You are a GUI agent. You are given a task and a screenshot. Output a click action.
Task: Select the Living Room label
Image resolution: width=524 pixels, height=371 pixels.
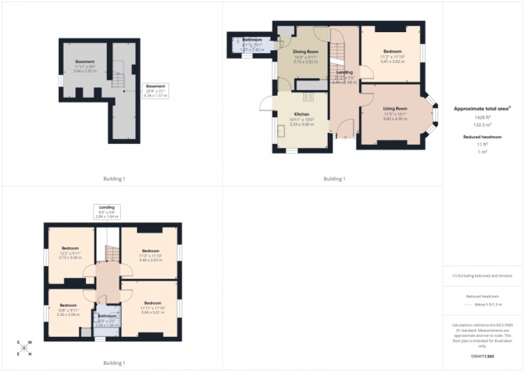click(395, 109)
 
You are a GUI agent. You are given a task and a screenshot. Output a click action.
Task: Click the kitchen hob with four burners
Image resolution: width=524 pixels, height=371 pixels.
click(309, 97)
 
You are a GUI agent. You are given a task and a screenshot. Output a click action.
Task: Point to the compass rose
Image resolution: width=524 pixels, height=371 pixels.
click(24, 348)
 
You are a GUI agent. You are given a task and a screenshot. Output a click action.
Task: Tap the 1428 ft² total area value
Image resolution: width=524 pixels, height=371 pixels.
click(482, 117)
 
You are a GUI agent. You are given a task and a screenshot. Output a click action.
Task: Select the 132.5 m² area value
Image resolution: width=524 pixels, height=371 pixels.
click(482, 124)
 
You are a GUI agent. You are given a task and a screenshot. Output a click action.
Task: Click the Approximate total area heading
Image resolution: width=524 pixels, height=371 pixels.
click(482, 108)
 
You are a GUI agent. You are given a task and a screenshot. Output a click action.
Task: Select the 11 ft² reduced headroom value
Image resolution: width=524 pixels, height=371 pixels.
click(482, 145)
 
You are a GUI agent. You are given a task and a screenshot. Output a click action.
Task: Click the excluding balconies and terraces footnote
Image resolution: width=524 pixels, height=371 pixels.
click(482, 276)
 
